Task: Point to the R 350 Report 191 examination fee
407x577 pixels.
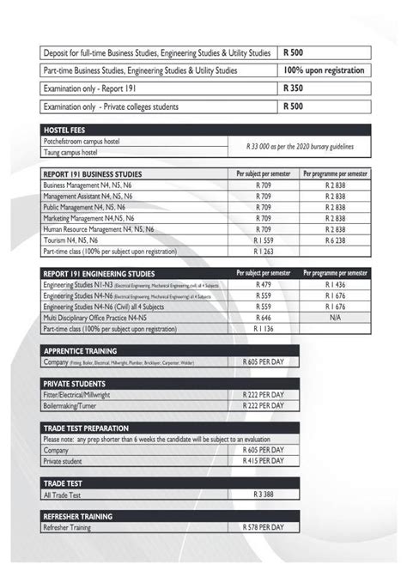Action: [294, 88]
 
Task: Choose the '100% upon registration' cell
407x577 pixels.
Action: [324, 70]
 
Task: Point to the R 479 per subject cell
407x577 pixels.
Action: [263, 283]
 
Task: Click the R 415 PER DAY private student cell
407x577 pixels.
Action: [263, 461]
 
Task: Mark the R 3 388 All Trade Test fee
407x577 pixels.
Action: [263, 495]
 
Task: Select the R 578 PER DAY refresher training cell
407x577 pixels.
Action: [263, 530]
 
